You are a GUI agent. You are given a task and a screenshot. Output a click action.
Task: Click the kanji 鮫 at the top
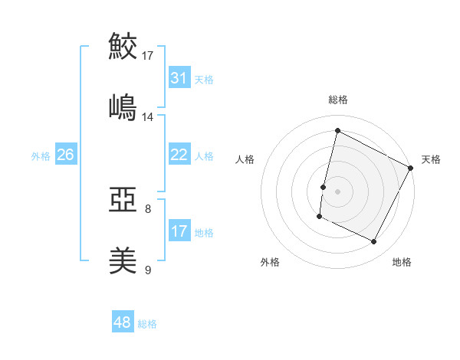point(123,46)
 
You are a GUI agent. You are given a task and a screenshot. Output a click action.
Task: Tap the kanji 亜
point(123,201)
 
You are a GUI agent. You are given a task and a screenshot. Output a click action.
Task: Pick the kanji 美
point(123,260)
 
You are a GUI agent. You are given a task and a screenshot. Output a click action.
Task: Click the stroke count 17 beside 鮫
point(148,55)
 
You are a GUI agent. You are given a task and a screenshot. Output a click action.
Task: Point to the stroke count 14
point(148,116)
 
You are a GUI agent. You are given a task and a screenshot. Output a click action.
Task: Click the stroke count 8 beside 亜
point(148,208)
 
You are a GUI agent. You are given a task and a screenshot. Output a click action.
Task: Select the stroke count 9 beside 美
point(148,270)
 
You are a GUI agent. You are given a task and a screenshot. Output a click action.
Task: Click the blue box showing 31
point(179,78)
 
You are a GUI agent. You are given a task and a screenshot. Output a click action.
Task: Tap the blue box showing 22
point(179,155)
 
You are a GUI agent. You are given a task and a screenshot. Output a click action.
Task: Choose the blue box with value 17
point(179,231)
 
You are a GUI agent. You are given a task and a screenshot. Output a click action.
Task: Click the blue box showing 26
point(65,155)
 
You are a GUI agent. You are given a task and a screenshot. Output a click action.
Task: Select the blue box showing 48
point(123,322)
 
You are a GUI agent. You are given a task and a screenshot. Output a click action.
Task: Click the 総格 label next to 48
point(147,324)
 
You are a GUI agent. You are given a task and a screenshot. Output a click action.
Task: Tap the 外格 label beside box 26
point(41,155)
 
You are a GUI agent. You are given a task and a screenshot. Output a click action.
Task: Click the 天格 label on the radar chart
point(431,159)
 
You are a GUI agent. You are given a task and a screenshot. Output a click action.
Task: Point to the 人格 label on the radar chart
point(245,159)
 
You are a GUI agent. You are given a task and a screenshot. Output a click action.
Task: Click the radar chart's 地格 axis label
point(402,262)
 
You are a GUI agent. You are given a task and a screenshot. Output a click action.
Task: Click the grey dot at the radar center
point(337,191)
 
